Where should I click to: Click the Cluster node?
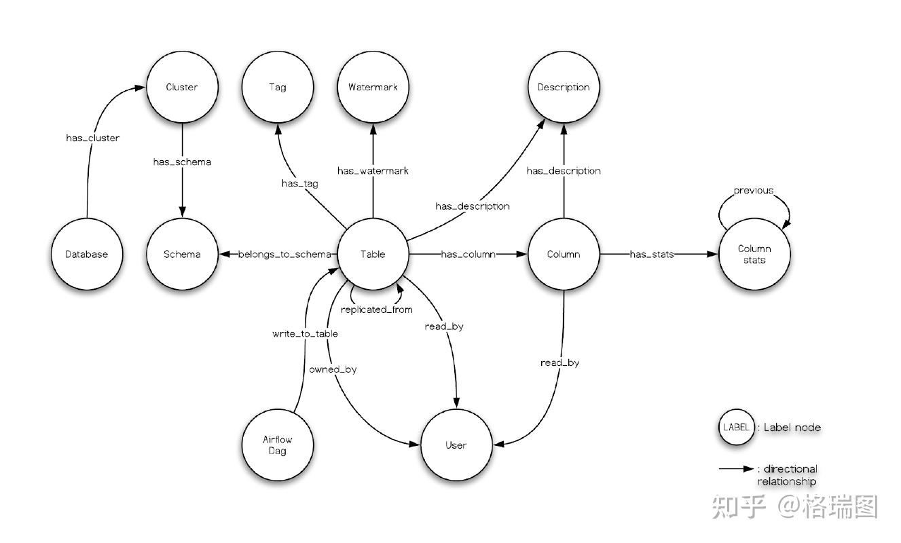pos(181,87)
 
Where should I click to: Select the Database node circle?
pos(87,255)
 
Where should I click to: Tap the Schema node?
pos(182,255)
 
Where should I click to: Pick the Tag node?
pos(277,87)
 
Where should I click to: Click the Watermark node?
pos(372,87)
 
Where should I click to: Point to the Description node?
pos(563,87)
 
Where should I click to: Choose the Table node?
pos(372,255)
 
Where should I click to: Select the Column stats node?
pos(754,255)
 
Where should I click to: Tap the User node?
pos(456,445)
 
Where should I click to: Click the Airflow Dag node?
pos(277,445)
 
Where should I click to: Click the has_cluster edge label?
pos(92,138)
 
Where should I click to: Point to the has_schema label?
pos(181,162)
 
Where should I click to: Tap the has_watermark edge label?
pos(373,171)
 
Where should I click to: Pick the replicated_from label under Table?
pos(377,310)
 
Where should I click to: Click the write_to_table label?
pos(305,334)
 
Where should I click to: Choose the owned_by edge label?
pos(333,370)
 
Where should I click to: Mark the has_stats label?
pos(652,255)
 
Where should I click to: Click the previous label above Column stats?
pos(753,191)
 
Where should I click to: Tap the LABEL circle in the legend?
pos(736,428)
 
